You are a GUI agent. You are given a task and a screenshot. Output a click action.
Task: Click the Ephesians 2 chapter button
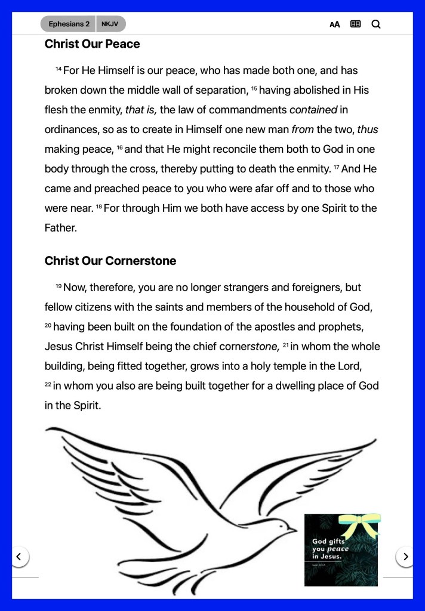[x=69, y=24]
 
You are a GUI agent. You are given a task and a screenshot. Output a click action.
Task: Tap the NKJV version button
[x=110, y=24]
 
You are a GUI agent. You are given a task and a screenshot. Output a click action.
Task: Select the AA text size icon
[x=335, y=24]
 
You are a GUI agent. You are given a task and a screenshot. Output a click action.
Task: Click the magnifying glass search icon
[x=376, y=24]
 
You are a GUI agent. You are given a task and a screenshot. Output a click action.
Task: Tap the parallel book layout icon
[x=356, y=24]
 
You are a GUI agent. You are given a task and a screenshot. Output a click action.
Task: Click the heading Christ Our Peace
[x=92, y=44]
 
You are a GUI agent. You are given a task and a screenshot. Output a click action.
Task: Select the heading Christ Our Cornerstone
[x=110, y=261]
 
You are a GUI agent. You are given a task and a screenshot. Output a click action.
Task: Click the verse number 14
[x=58, y=69]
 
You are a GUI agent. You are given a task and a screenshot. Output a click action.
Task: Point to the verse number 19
[x=58, y=286]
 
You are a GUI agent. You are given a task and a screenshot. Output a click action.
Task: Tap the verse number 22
[x=48, y=385]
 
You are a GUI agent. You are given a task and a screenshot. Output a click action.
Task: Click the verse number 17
[x=336, y=168]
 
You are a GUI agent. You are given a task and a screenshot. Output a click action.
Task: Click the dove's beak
[x=292, y=529]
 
